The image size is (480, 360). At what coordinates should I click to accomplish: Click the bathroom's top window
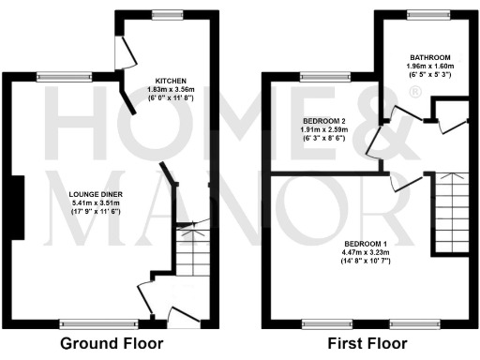click(433, 15)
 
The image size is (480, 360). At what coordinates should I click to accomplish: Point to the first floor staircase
click(452, 211)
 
